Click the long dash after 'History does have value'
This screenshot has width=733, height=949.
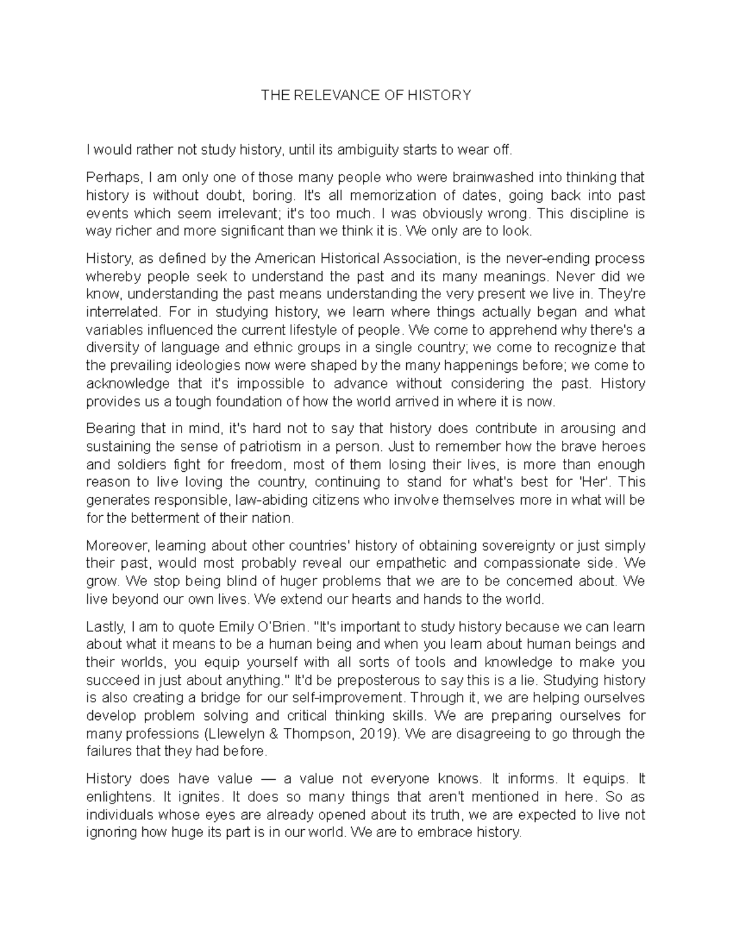(x=269, y=779)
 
